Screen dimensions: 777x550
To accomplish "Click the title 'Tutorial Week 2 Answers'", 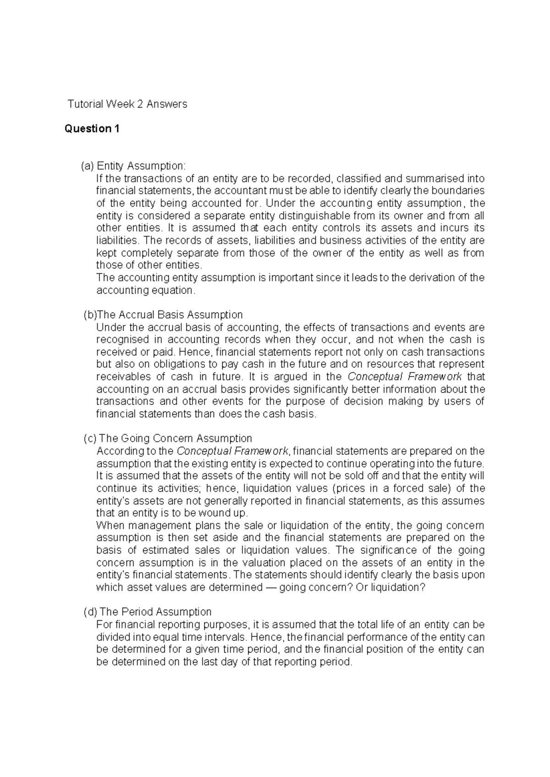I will click(x=127, y=104).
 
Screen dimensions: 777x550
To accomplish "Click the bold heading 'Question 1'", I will click(x=92, y=129).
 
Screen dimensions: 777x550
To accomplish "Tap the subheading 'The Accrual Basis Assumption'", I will click(x=170, y=315).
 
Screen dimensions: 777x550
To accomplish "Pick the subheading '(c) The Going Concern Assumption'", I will click(x=168, y=438).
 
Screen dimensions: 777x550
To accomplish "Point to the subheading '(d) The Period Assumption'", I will click(x=148, y=612).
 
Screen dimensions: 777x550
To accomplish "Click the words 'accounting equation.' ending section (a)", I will click(x=146, y=290).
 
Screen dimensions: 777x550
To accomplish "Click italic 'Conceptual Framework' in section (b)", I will click(x=405, y=377).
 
